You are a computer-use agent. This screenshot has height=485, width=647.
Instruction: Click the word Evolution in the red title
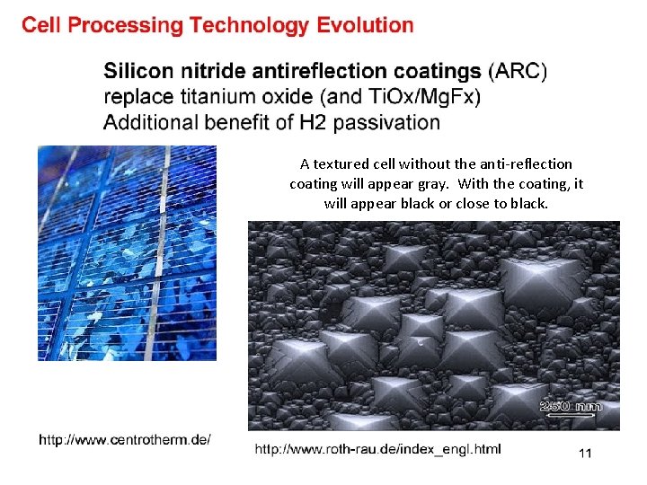[x=365, y=25]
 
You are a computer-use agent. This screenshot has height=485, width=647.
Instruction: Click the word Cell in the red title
[x=42, y=25]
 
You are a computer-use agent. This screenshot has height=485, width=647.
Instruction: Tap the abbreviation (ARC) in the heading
[x=517, y=70]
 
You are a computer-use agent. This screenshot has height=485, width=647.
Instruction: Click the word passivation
[x=386, y=122]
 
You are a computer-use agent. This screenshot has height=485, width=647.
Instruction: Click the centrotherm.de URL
[x=125, y=439]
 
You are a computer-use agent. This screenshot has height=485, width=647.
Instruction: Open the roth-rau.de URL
[x=377, y=448]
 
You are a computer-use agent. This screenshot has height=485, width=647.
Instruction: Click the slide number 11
[x=585, y=454]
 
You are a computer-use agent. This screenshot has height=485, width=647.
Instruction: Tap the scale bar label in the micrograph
[x=571, y=407]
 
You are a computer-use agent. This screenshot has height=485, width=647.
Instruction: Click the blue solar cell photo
[x=127, y=252]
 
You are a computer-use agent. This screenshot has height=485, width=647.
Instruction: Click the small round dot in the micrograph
[x=420, y=342]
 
